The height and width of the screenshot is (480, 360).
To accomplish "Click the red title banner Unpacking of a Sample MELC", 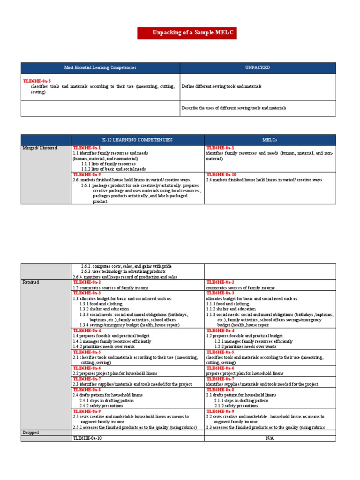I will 187,33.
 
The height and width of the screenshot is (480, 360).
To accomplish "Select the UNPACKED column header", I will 257,68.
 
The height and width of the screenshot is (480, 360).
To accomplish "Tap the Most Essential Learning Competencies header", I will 100,68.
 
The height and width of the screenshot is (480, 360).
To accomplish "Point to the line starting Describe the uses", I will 234,108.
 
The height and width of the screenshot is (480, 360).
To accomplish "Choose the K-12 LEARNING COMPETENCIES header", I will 137,140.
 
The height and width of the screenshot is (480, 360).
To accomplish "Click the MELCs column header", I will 270,140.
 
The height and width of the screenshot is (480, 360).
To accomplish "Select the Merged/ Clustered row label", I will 40,148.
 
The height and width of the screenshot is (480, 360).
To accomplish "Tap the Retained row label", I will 31,283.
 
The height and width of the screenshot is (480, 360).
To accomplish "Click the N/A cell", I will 270,438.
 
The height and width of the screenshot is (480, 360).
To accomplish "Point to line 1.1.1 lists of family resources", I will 108,164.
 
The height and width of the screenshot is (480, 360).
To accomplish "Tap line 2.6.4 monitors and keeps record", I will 125,277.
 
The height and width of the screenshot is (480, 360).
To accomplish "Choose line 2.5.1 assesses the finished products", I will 134,427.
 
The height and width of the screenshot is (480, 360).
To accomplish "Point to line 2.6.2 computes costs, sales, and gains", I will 124,266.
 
